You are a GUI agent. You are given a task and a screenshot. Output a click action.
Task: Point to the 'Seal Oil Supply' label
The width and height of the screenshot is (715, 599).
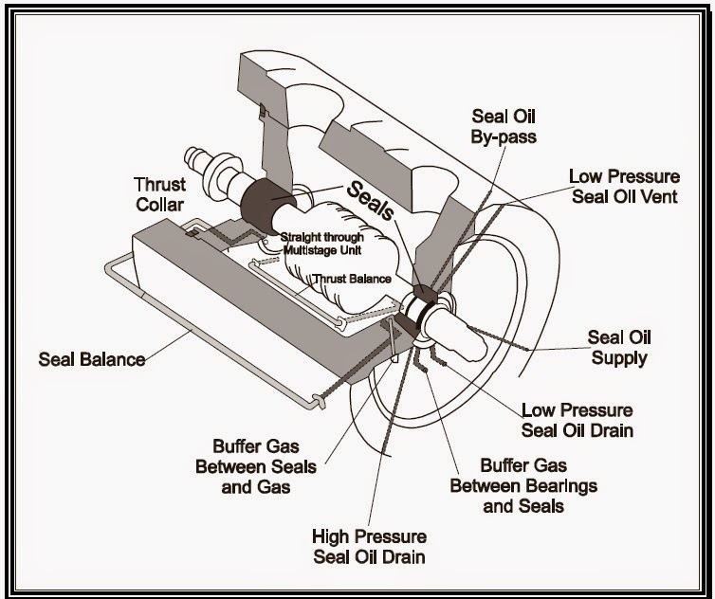619,347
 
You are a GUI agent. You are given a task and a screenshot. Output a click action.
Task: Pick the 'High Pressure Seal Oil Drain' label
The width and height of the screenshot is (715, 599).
369,546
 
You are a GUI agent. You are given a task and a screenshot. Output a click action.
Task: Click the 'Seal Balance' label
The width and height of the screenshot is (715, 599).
92,359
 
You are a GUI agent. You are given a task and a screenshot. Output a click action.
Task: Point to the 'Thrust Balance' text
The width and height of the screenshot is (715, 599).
352,279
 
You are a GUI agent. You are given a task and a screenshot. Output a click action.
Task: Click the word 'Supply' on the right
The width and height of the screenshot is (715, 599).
619,357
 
